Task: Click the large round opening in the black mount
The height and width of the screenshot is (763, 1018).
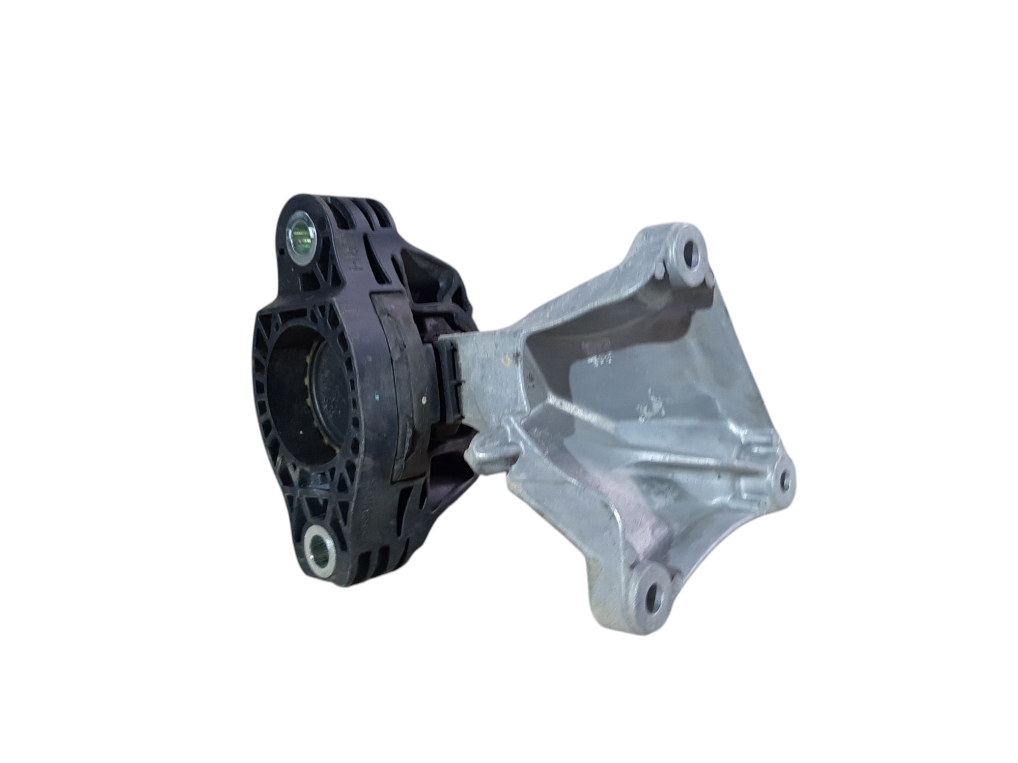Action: tap(300, 402)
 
